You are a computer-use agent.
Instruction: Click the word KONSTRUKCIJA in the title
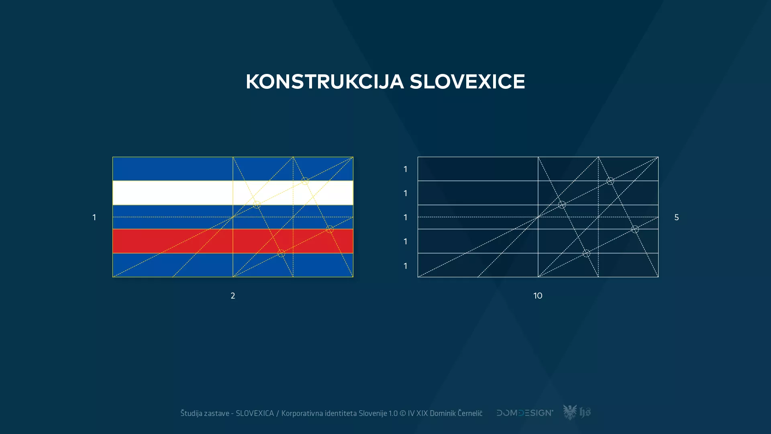point(324,82)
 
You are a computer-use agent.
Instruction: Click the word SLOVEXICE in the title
point(467,82)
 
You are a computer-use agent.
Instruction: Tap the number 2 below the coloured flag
point(233,296)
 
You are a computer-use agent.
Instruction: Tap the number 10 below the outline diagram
point(538,296)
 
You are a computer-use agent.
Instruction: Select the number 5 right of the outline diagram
point(677,217)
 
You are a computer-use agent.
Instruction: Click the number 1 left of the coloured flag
point(94,217)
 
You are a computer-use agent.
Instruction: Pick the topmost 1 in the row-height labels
point(406,169)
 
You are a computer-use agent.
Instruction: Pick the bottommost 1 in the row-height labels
point(406,266)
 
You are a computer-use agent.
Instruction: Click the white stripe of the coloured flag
point(173,193)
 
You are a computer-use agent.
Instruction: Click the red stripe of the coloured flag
point(173,241)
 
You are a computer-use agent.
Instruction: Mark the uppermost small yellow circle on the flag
point(305,181)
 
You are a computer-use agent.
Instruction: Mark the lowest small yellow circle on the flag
point(281,253)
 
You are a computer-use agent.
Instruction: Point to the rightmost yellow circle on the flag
point(330,229)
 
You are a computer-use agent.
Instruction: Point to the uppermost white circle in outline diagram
point(610,181)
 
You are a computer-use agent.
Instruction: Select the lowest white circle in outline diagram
point(586,253)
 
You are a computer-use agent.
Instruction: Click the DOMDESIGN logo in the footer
point(524,413)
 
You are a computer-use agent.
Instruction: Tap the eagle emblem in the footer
point(569,412)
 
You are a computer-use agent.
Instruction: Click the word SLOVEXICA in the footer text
point(255,413)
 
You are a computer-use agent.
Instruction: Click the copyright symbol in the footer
point(403,413)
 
